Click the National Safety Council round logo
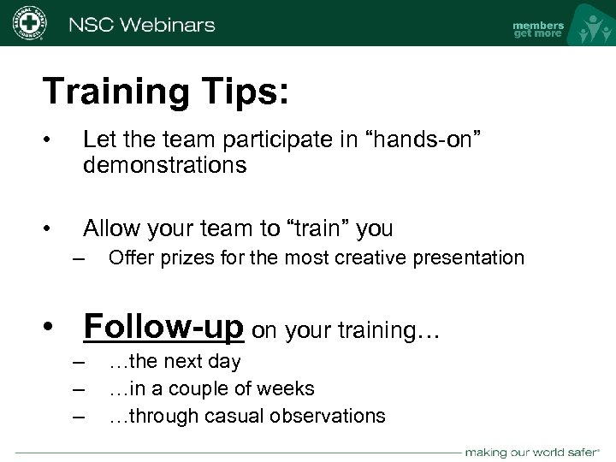(28, 23)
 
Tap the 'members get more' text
(537, 29)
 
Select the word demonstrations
(164, 164)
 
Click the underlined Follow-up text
(163, 326)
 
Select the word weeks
(287, 389)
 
